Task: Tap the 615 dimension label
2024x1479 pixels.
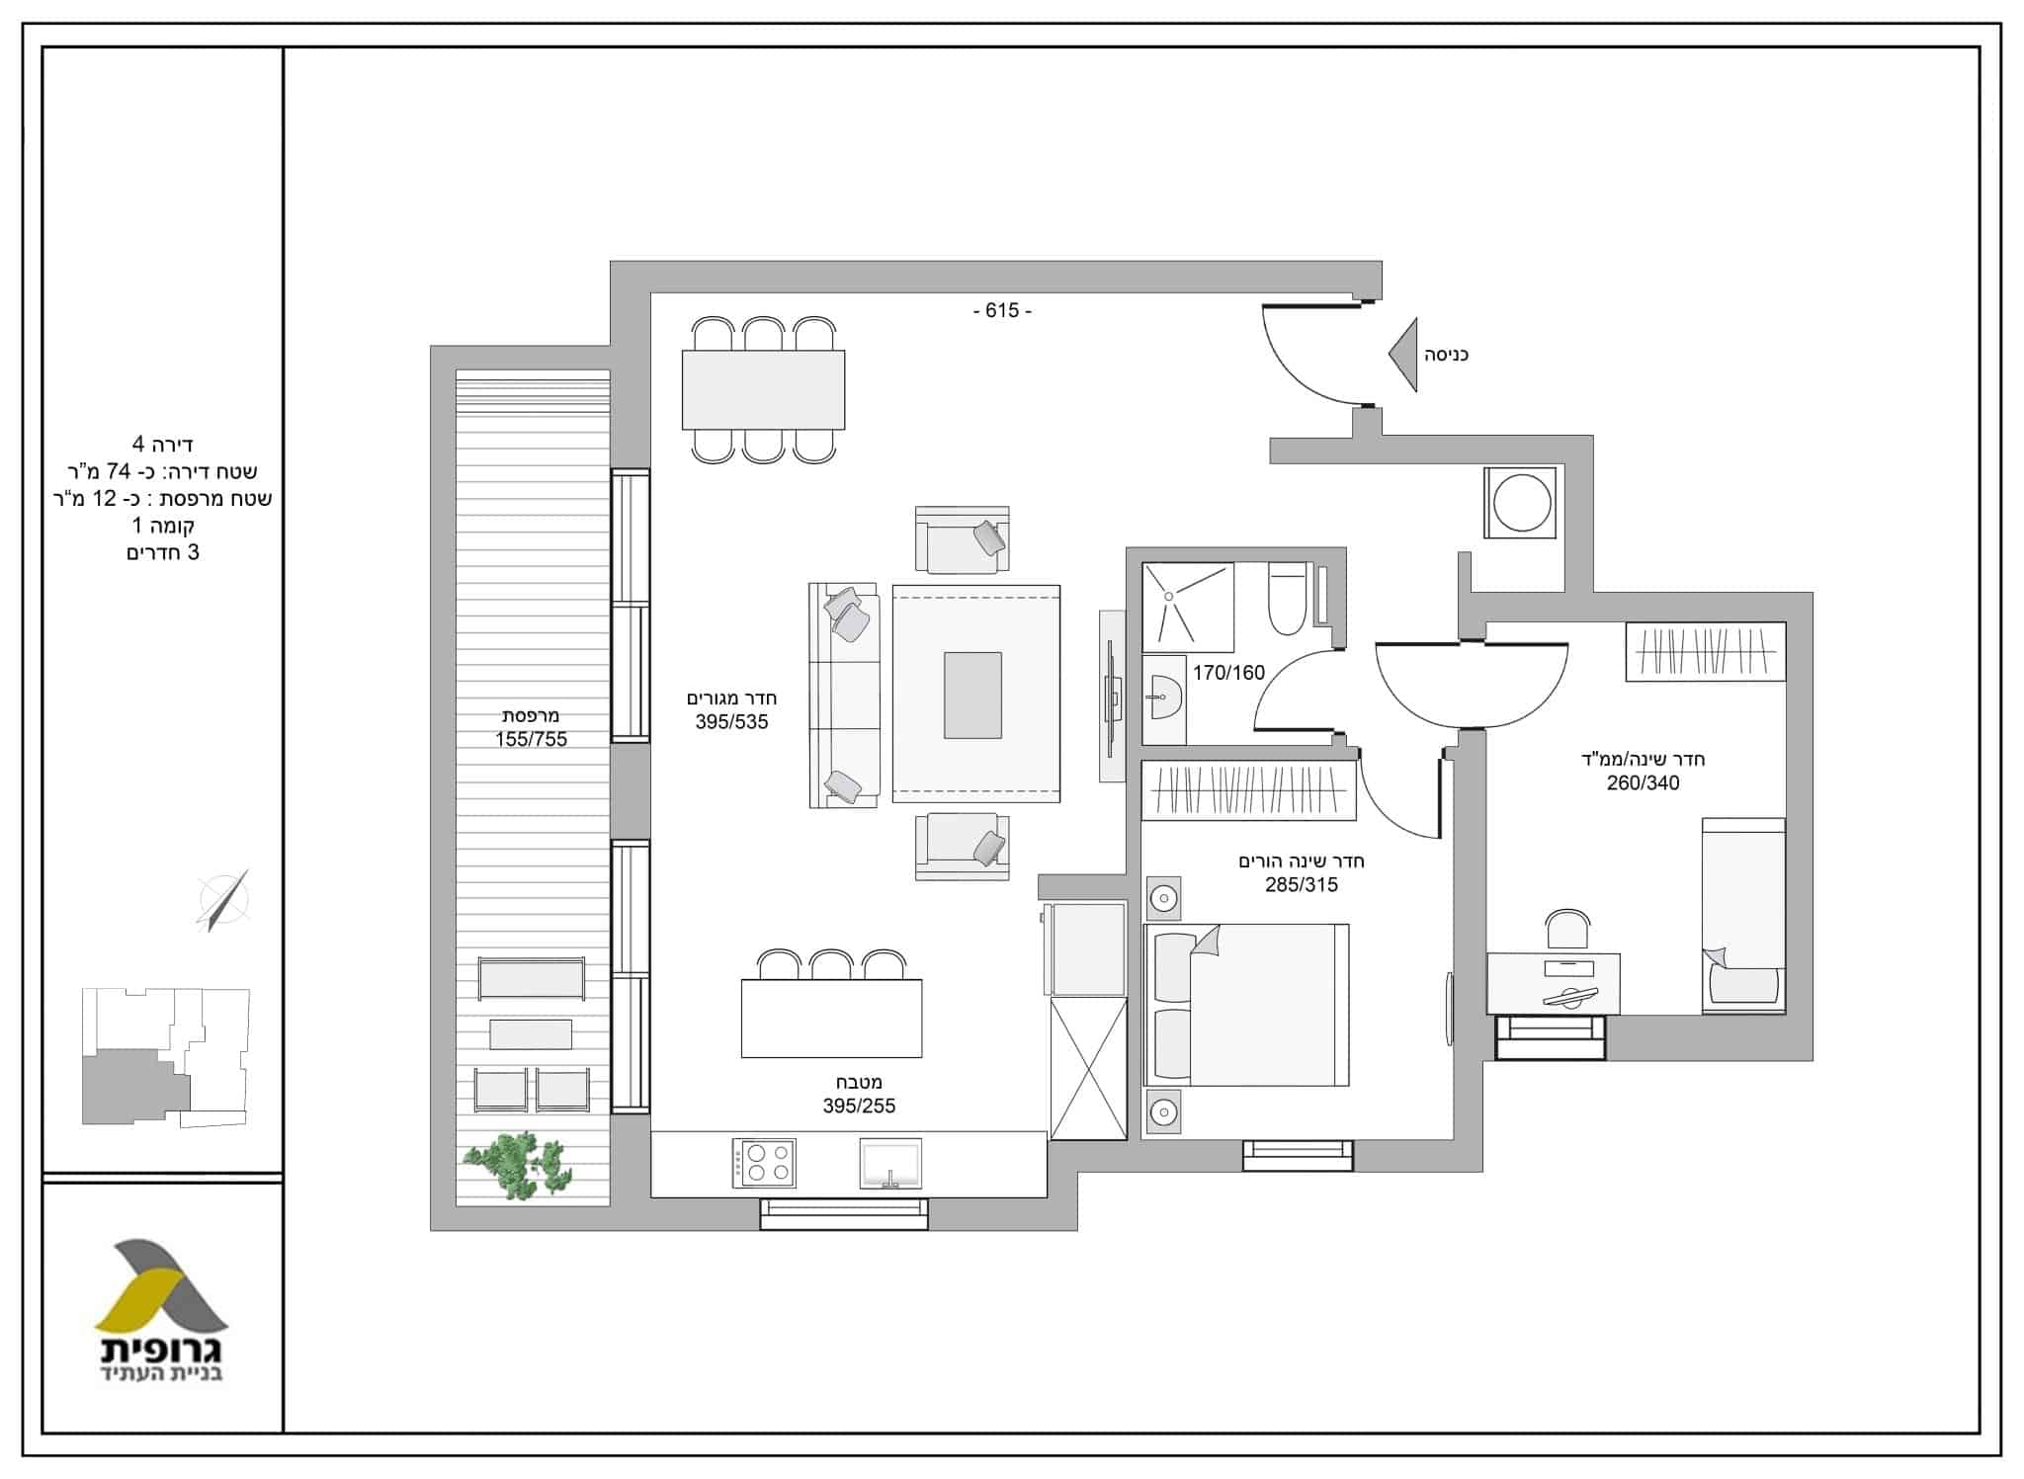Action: [x=1002, y=310]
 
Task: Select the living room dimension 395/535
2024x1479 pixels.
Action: [x=731, y=722]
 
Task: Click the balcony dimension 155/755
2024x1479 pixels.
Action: [x=532, y=739]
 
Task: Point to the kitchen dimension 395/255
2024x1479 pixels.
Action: [x=859, y=1107]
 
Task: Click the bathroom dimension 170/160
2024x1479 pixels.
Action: [x=1228, y=674]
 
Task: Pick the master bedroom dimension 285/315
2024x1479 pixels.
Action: [x=1302, y=885]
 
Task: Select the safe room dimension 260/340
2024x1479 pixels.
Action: [x=1643, y=783]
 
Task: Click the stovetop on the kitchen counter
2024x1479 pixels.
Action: [x=764, y=1163]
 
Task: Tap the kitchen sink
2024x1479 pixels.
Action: [x=890, y=1163]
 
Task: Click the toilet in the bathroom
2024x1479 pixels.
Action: [x=1288, y=599]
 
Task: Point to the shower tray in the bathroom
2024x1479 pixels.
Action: [x=1188, y=608]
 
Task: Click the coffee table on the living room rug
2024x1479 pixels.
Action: [x=972, y=695]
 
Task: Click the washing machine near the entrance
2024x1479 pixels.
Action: [x=1521, y=503]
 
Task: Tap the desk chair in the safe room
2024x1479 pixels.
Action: [x=1567, y=932]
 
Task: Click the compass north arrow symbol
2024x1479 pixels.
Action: [x=224, y=900]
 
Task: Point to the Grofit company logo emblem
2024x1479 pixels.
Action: [x=161, y=1284]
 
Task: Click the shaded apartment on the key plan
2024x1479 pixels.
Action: [x=133, y=1087]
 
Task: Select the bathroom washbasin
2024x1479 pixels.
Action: [x=1163, y=699]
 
